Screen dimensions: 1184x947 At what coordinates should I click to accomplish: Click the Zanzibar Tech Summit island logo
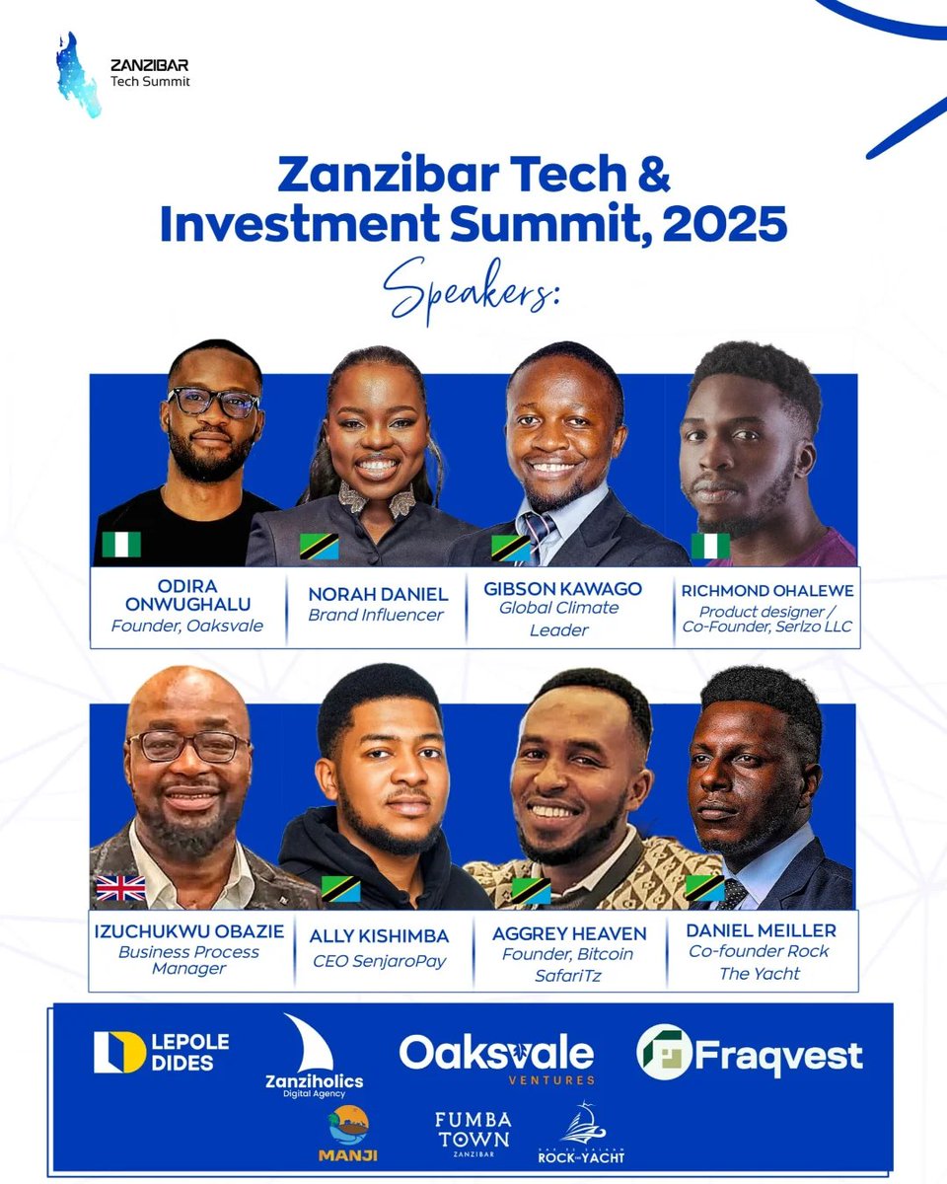coord(78,75)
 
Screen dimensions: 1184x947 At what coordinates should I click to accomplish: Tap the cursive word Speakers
coord(473,288)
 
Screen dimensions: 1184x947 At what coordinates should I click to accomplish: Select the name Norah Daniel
coord(364,594)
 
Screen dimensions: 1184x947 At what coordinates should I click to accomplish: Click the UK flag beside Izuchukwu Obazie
coord(120,889)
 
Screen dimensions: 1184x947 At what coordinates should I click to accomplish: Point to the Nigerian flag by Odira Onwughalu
coord(121,545)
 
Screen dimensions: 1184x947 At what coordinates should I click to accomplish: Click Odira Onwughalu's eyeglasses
coord(213,402)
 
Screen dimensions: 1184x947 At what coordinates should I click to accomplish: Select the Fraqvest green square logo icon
coord(662,1053)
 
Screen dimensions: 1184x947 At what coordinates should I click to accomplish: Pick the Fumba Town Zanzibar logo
coord(473,1136)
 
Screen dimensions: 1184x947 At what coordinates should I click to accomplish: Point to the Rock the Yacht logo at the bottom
coord(582,1135)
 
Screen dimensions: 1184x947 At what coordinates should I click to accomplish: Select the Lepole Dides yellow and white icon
coord(119,1052)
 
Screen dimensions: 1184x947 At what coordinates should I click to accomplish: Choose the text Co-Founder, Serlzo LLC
coord(767,628)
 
